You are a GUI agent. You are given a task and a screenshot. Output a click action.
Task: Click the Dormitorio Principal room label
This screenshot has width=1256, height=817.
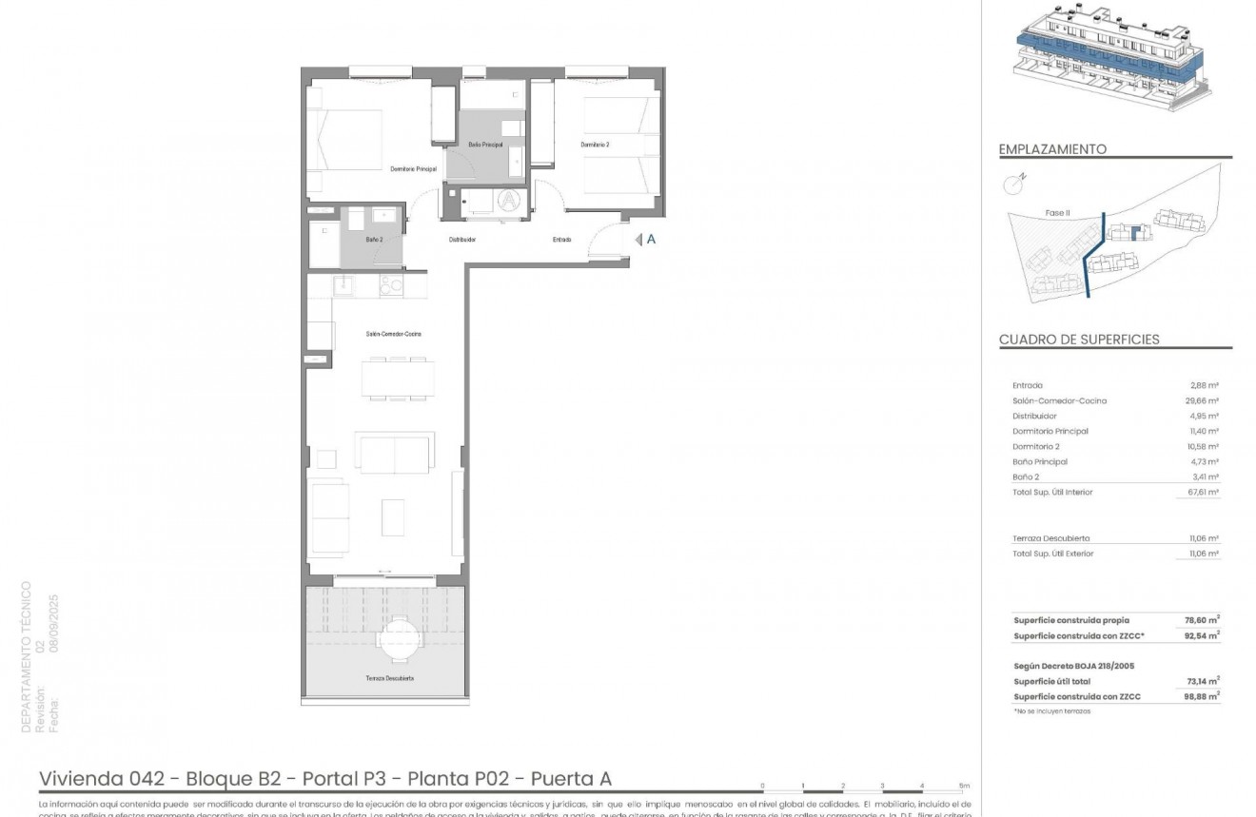pyautogui.click(x=413, y=168)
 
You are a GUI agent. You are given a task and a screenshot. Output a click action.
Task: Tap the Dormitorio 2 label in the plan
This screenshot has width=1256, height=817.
pyautogui.click(x=595, y=145)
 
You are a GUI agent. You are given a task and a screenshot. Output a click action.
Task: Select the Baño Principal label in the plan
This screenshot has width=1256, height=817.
pyautogui.click(x=485, y=145)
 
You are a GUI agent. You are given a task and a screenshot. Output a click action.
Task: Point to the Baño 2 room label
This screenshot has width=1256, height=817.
pyautogui.click(x=374, y=240)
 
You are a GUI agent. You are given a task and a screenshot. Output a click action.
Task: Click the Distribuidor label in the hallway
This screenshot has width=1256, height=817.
pyautogui.click(x=462, y=240)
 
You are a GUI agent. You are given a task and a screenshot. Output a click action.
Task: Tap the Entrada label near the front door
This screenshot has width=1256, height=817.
pyautogui.click(x=561, y=240)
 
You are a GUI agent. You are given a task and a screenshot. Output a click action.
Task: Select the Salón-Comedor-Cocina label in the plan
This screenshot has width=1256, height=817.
pyautogui.click(x=393, y=334)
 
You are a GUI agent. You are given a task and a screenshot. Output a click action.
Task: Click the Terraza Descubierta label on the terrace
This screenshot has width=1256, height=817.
pyautogui.click(x=389, y=678)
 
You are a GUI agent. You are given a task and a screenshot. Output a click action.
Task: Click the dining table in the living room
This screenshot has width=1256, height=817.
pyautogui.click(x=398, y=378)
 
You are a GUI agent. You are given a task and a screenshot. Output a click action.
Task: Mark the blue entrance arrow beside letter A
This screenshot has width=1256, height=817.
pyautogui.click(x=638, y=240)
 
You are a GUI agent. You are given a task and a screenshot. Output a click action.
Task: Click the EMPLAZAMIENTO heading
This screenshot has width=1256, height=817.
pyautogui.click(x=1052, y=149)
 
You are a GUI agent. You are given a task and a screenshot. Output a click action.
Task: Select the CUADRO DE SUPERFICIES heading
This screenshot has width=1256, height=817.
pyautogui.click(x=1079, y=340)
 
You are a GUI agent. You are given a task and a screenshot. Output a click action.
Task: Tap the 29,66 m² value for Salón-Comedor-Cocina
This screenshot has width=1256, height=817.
pyautogui.click(x=1203, y=401)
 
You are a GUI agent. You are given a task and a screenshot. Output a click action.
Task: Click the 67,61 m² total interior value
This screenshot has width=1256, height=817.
pyautogui.click(x=1203, y=493)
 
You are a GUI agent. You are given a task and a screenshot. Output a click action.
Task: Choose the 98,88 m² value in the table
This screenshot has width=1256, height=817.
pyautogui.click(x=1202, y=696)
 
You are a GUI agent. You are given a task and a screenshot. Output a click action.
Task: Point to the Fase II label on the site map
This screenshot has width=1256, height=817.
pyautogui.click(x=1056, y=213)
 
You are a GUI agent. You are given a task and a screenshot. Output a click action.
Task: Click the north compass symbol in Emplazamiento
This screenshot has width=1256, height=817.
pyautogui.click(x=1014, y=184)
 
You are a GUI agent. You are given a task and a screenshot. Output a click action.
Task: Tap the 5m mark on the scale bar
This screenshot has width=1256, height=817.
pyautogui.click(x=964, y=786)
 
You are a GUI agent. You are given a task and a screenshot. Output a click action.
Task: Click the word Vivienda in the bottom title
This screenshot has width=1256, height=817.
pyautogui.click(x=80, y=779)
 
